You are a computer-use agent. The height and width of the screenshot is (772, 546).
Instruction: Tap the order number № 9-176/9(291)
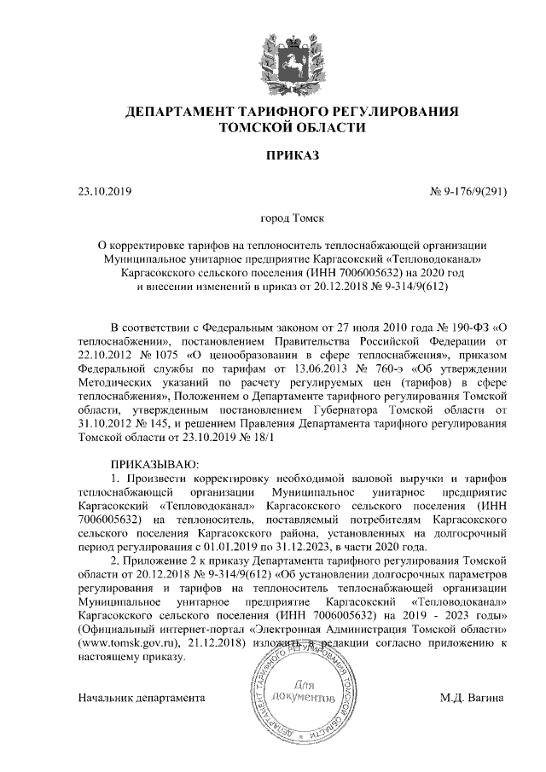pos(468,190)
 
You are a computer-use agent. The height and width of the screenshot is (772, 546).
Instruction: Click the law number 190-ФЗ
pos(462,328)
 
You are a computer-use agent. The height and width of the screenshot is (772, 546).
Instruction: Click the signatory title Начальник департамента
pos(142,697)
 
